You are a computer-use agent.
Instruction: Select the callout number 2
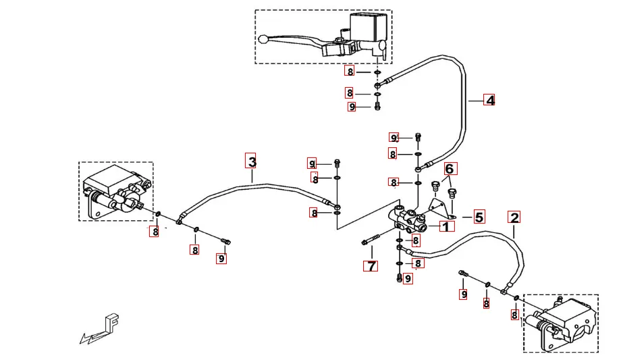pyautogui.click(x=514, y=218)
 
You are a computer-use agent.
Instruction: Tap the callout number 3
pyautogui.click(x=252, y=161)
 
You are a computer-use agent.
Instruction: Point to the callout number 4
pyautogui.click(x=490, y=101)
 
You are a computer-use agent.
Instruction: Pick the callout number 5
pyautogui.click(x=479, y=217)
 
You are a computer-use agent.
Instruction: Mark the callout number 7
pyautogui.click(x=371, y=265)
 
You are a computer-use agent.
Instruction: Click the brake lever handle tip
pyautogui.click(x=264, y=39)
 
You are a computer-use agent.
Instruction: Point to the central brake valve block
pyautogui.click(x=407, y=219)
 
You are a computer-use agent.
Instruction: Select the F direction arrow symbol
pyautogui.click(x=101, y=329)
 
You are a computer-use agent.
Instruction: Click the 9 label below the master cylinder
pyautogui.click(x=352, y=107)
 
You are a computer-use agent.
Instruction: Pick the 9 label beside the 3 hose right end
pyautogui.click(x=312, y=163)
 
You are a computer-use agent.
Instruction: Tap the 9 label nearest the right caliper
pyautogui.click(x=464, y=294)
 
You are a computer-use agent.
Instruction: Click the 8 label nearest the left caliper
pyautogui.click(x=155, y=232)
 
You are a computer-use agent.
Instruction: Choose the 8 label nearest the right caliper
pyautogui.click(x=514, y=315)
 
